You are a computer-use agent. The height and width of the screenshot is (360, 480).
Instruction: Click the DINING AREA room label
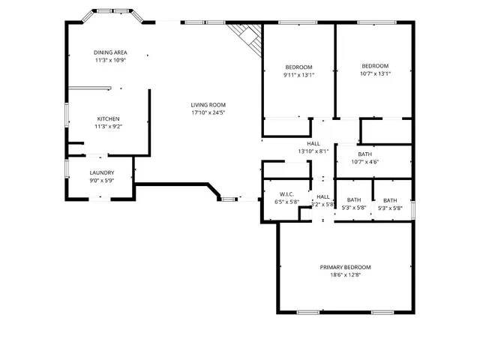click(x=110, y=52)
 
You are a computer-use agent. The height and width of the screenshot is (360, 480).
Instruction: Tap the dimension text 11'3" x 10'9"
click(x=110, y=60)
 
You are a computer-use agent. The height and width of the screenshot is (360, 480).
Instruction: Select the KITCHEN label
click(x=108, y=119)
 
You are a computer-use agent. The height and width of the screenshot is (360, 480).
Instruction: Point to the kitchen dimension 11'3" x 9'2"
click(x=108, y=127)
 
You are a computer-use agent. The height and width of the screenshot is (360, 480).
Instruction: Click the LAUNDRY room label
click(x=101, y=172)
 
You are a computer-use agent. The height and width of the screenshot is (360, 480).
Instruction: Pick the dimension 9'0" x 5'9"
click(x=101, y=180)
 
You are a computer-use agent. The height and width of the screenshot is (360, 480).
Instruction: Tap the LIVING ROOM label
click(x=208, y=105)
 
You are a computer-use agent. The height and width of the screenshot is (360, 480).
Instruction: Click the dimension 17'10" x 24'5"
click(x=208, y=112)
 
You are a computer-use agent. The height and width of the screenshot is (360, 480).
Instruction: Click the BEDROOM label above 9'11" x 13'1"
click(x=298, y=67)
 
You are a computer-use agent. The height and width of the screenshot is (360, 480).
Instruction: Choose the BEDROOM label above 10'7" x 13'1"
click(x=375, y=65)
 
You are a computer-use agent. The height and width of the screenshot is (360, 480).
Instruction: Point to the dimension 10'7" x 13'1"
click(x=375, y=73)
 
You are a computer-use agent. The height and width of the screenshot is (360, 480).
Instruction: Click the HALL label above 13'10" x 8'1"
click(x=313, y=143)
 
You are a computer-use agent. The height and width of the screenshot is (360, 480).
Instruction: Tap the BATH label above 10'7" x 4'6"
click(x=364, y=154)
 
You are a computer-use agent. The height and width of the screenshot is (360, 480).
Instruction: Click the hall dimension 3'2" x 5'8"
click(x=322, y=204)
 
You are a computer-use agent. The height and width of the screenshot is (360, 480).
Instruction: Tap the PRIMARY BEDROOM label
click(x=345, y=267)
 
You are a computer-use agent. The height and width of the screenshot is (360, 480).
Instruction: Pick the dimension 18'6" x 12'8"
click(x=345, y=275)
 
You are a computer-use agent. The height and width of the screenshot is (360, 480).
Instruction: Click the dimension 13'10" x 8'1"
click(x=313, y=151)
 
